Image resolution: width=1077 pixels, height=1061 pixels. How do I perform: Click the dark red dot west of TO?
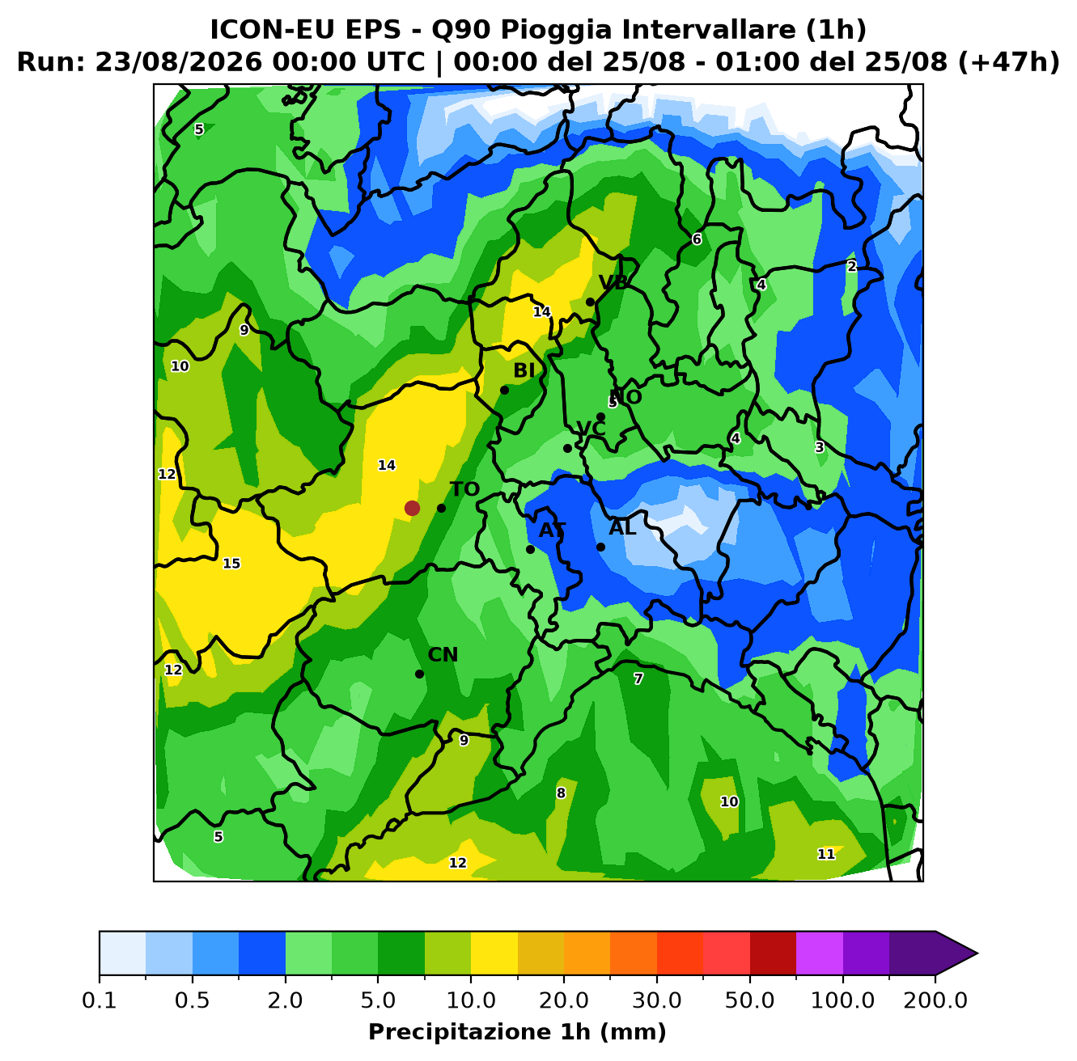[x=412, y=508]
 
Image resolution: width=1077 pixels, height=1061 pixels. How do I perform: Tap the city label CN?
[x=443, y=655]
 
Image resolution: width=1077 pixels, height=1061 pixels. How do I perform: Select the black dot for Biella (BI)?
[x=504, y=390]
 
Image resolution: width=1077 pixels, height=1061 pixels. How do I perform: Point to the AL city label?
[x=622, y=527]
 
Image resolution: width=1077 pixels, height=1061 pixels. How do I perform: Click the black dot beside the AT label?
[x=530, y=550]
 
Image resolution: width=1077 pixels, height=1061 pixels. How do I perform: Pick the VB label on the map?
[x=613, y=283]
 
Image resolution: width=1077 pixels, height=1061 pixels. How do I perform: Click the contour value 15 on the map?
[x=231, y=564]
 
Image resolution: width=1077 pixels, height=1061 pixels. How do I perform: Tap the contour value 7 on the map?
[x=638, y=678]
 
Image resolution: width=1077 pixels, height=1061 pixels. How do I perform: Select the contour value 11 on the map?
[x=826, y=854]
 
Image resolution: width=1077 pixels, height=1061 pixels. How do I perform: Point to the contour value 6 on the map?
[x=697, y=239]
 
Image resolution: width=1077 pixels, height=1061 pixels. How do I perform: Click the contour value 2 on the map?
[x=852, y=267]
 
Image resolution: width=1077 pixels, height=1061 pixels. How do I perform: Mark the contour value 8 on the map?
[x=561, y=793]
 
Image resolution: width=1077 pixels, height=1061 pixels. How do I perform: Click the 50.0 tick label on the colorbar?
[x=749, y=1000]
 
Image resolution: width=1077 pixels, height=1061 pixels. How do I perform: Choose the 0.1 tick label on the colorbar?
[x=100, y=1000]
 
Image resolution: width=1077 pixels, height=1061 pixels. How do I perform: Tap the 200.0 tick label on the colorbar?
[x=935, y=1000]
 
